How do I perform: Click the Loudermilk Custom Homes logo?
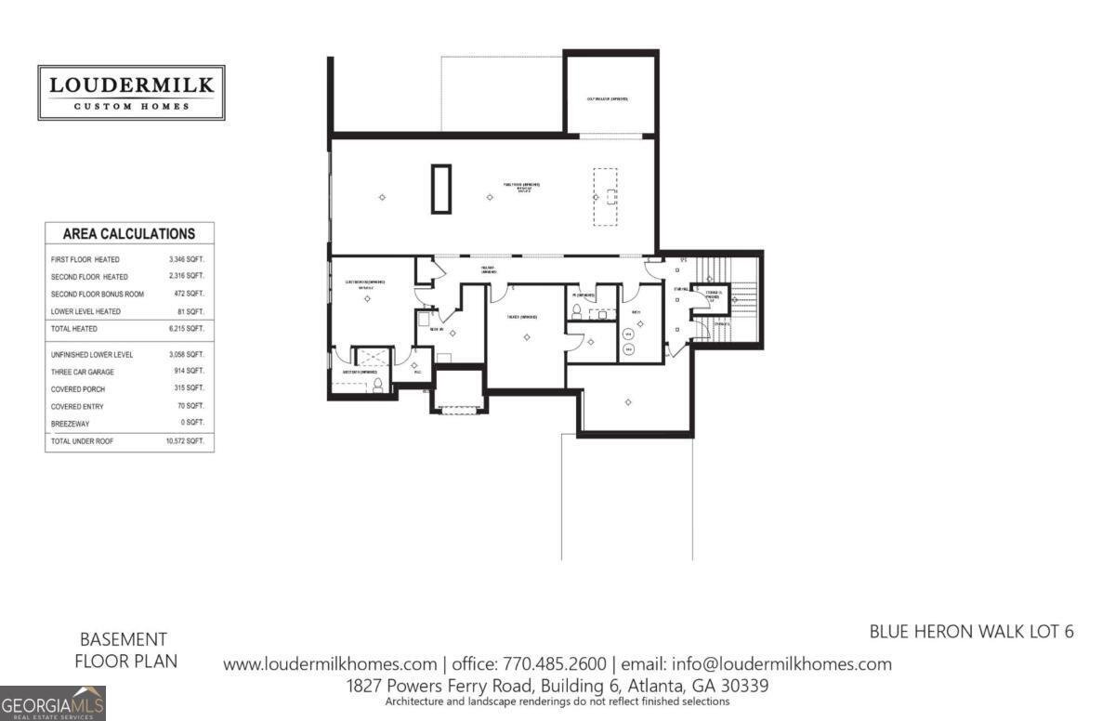click(x=131, y=92)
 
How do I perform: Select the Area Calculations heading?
click(x=129, y=234)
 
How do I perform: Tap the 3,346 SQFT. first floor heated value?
click(x=187, y=259)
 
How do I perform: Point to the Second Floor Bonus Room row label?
click(x=98, y=295)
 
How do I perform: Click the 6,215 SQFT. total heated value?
click(x=187, y=329)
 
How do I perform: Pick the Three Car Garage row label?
click(x=85, y=372)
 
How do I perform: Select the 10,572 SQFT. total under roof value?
click(x=185, y=441)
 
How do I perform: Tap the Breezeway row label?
click(x=71, y=424)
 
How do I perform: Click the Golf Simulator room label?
click(x=607, y=98)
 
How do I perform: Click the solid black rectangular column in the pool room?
click(x=441, y=189)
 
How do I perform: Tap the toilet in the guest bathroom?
click(x=378, y=385)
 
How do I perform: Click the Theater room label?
click(x=521, y=318)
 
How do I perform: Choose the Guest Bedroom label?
click(x=365, y=282)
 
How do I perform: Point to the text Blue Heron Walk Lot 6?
click(x=971, y=632)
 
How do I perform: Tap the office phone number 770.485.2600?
click(x=555, y=664)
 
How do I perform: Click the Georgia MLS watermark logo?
click(x=53, y=703)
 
